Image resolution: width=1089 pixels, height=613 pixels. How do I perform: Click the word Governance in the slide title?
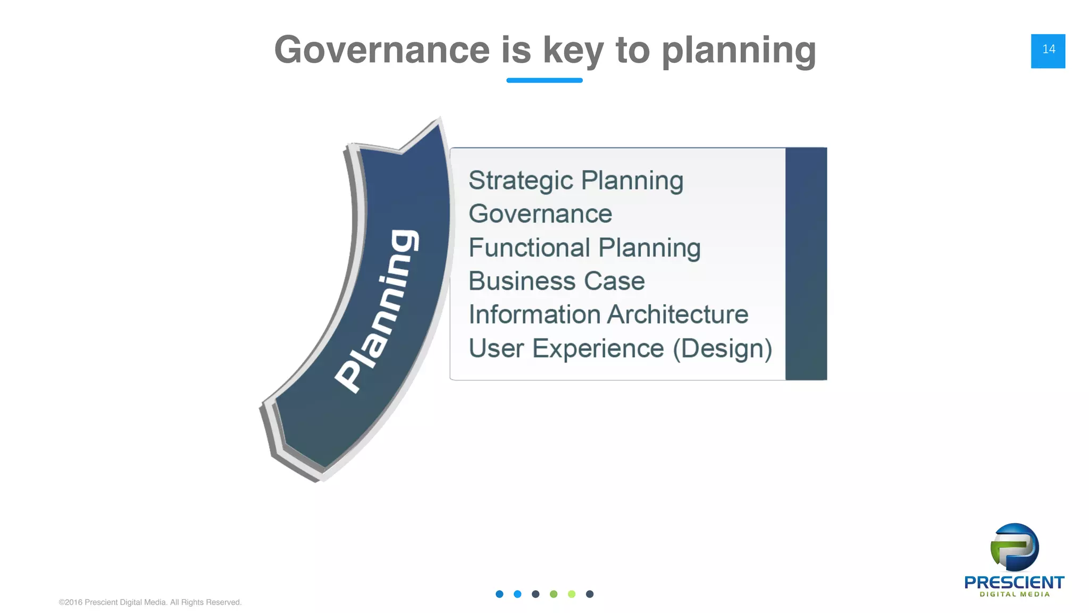coord(382,50)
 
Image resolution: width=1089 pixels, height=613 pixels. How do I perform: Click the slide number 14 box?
coord(1048,51)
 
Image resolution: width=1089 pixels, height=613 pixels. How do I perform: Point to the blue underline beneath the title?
coord(544,80)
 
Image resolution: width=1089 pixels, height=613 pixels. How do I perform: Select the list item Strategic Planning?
coord(575,181)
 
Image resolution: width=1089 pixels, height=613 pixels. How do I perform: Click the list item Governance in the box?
coord(540,214)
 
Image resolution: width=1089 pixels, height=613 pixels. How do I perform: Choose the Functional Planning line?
coord(584,248)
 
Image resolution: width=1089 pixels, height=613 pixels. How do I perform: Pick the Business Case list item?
coord(556,281)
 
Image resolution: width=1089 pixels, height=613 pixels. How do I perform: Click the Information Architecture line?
coord(608,314)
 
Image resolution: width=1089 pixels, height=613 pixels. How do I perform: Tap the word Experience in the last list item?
coord(598,349)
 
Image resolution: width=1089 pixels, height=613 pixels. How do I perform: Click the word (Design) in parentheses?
coord(722,349)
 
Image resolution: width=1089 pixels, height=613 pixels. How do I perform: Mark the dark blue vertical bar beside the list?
coord(806,263)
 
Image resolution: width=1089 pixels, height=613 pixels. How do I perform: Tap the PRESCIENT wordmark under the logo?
coord(1014,583)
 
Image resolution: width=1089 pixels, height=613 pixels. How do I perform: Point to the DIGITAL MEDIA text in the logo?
coord(1015,594)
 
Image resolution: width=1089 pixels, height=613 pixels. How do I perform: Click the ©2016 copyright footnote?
coord(150,602)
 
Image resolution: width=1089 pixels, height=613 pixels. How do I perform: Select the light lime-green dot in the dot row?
coord(572,594)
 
